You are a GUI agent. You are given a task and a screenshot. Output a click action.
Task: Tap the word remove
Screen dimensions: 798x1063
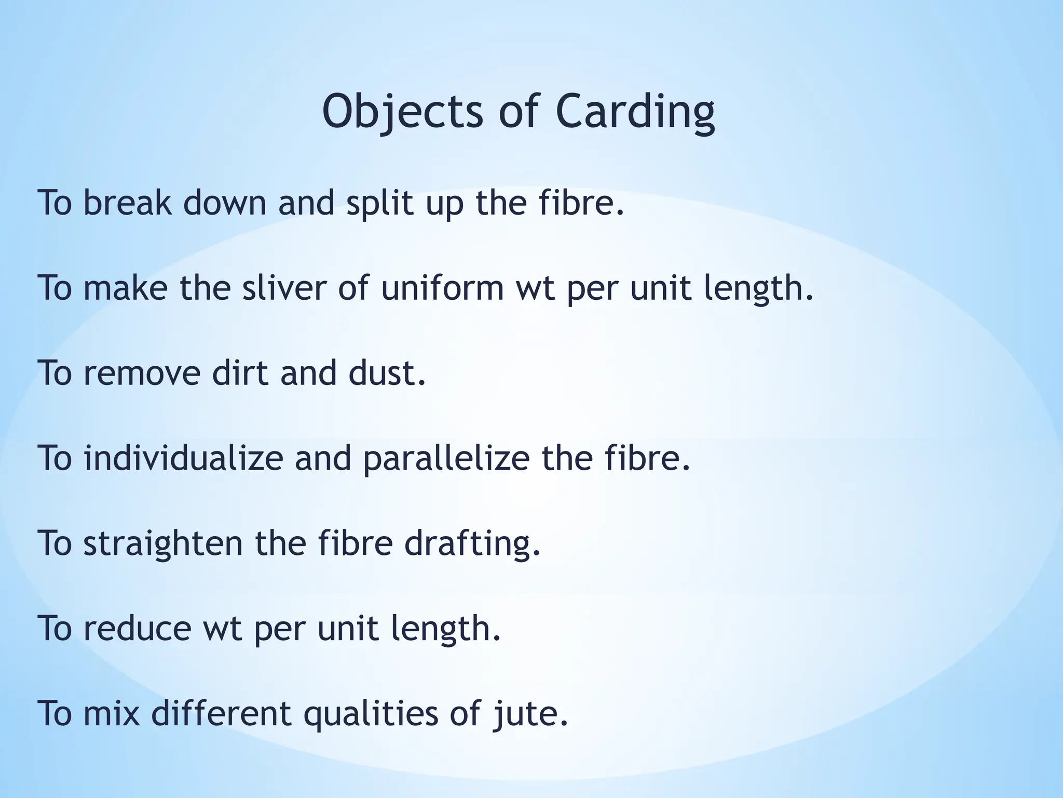[x=142, y=373]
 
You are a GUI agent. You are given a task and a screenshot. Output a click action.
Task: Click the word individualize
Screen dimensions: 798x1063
[x=183, y=458]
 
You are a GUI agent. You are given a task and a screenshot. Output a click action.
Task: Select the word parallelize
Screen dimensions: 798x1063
[x=446, y=458]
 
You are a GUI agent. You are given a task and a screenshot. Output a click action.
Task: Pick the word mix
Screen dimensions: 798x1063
[x=112, y=713]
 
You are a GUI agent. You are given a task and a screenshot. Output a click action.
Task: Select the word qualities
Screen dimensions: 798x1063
[x=371, y=713]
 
